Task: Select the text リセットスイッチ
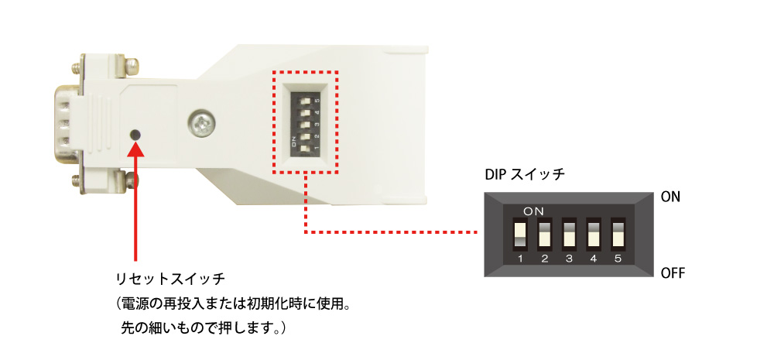(x=170, y=279)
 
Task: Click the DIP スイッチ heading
(x=526, y=174)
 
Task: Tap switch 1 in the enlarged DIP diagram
(x=520, y=234)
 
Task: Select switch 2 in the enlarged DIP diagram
(x=544, y=234)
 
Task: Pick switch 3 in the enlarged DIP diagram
(x=569, y=234)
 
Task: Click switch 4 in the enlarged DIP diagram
(x=593, y=234)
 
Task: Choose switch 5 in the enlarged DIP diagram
(x=618, y=234)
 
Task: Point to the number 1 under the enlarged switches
(x=520, y=259)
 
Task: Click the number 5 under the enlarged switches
(x=618, y=259)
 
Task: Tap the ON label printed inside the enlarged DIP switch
(x=533, y=211)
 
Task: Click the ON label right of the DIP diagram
(x=670, y=197)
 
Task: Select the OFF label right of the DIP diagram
(x=673, y=273)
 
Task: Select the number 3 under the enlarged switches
(x=569, y=259)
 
